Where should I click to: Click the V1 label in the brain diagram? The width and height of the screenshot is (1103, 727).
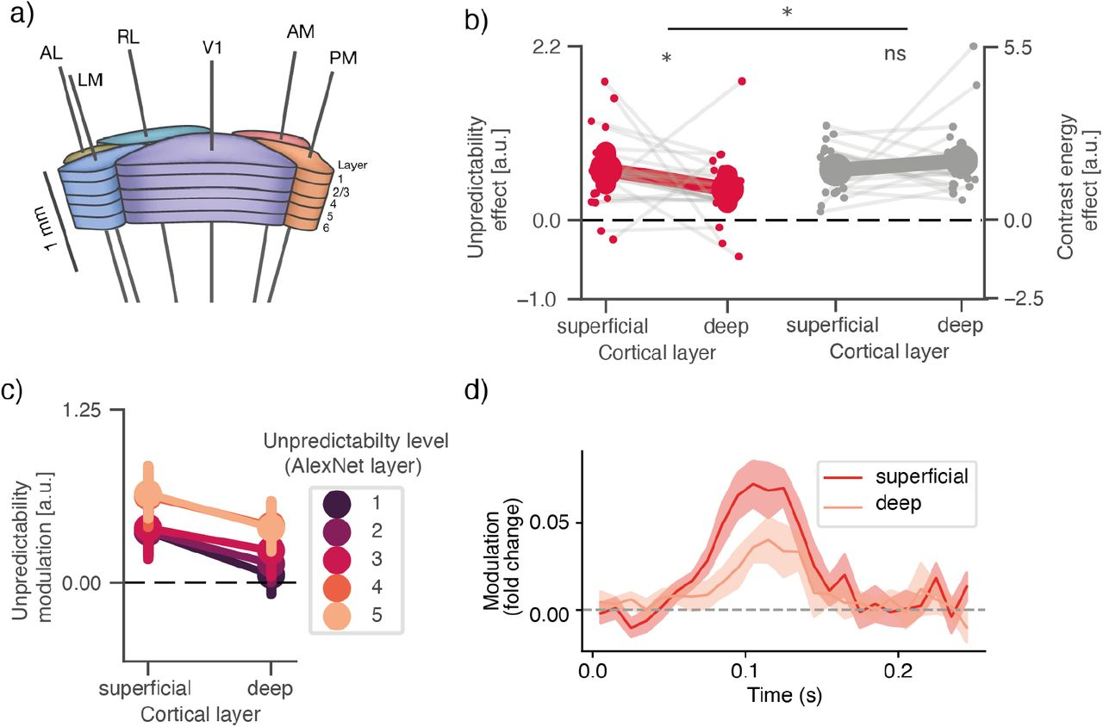coord(211,48)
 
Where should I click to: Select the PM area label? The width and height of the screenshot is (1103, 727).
coord(343,59)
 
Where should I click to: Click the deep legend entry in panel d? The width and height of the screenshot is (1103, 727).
coord(888,503)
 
